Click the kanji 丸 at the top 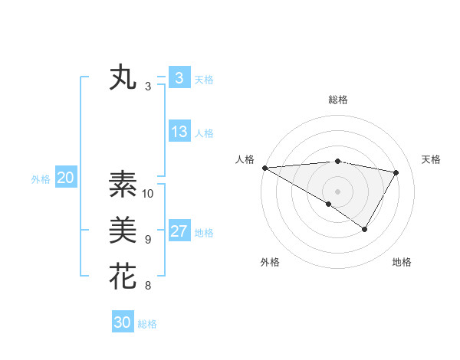pyautogui.click(x=123, y=79)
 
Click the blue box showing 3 pyautogui.click(x=179, y=78)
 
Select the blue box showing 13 pyautogui.click(x=179, y=132)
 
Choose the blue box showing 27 pyautogui.click(x=179, y=231)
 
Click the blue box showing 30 pyautogui.click(x=123, y=322)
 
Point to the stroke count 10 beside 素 pyautogui.click(x=148, y=194)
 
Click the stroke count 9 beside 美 pyautogui.click(x=148, y=240)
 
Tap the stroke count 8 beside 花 pyautogui.click(x=148, y=286)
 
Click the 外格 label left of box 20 pyautogui.click(x=41, y=179)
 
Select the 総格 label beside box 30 pyautogui.click(x=147, y=324)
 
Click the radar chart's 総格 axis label pyautogui.click(x=337, y=100)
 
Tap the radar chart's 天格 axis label pyautogui.click(x=432, y=159)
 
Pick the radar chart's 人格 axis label pyautogui.click(x=245, y=159)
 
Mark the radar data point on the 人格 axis pyautogui.click(x=264, y=168)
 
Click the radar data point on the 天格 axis pyautogui.click(x=396, y=172)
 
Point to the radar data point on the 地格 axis pyautogui.click(x=365, y=229)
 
